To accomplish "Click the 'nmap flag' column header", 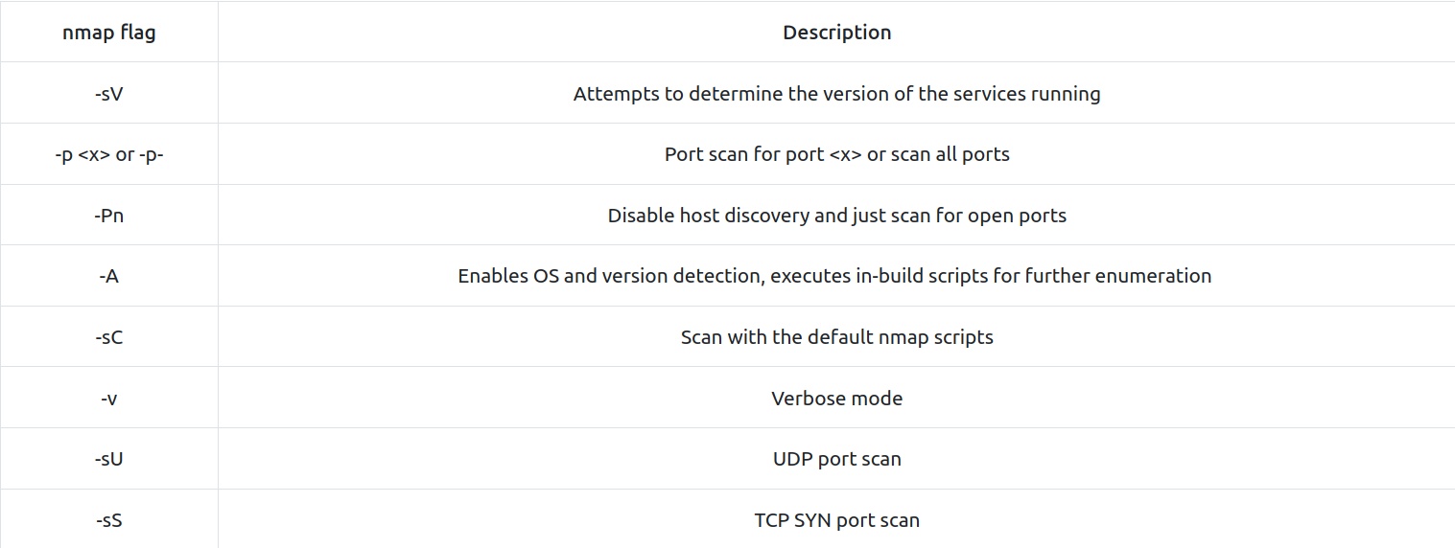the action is coord(109,33).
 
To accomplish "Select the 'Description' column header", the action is coord(836,33).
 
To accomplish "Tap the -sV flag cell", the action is coord(109,94).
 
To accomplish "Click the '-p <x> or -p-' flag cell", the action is coord(109,155).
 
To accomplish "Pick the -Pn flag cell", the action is coord(109,216).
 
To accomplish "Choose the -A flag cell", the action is coord(109,276).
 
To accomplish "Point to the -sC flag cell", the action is coord(109,337).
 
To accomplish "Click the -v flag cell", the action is coord(109,399).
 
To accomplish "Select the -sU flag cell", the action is coord(109,459).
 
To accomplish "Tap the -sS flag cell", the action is coord(109,520).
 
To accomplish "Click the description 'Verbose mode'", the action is coord(836,399).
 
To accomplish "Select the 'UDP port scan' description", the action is coord(836,459).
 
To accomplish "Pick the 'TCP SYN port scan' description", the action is coord(836,520).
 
